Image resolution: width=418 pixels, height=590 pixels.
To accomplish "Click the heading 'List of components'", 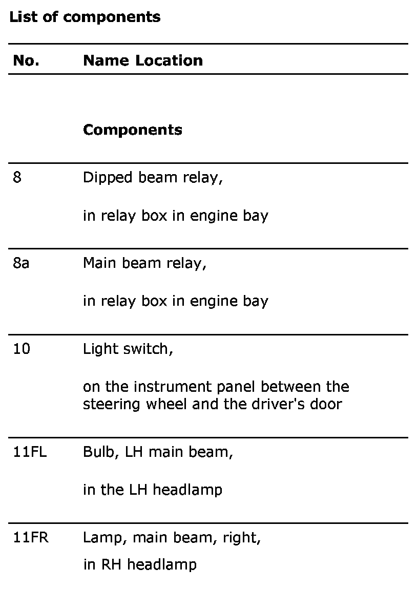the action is tap(85, 17).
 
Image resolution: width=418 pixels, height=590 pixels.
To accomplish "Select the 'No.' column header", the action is tap(26, 60).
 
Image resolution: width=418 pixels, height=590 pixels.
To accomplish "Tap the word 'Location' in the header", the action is tap(169, 60).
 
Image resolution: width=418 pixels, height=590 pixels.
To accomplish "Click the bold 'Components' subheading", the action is tap(133, 130).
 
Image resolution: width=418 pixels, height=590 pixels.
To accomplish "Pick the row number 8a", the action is tap(21, 263).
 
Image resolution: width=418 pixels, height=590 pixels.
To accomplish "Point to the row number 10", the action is tap(22, 349).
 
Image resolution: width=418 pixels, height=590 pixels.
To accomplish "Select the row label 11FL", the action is tap(30, 453).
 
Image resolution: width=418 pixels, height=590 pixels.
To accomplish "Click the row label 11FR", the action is tap(31, 538).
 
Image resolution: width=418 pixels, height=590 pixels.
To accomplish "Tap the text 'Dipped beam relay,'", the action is tap(153, 178).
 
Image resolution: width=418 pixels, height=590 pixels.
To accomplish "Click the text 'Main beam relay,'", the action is tap(145, 263).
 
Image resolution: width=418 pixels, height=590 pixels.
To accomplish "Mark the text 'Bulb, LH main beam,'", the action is tap(158, 453).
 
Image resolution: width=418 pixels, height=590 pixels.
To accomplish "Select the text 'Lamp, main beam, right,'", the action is tap(172, 538).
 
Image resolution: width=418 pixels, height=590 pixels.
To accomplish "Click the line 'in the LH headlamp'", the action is tap(153, 490).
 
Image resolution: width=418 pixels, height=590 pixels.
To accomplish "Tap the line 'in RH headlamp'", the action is tap(140, 565).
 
